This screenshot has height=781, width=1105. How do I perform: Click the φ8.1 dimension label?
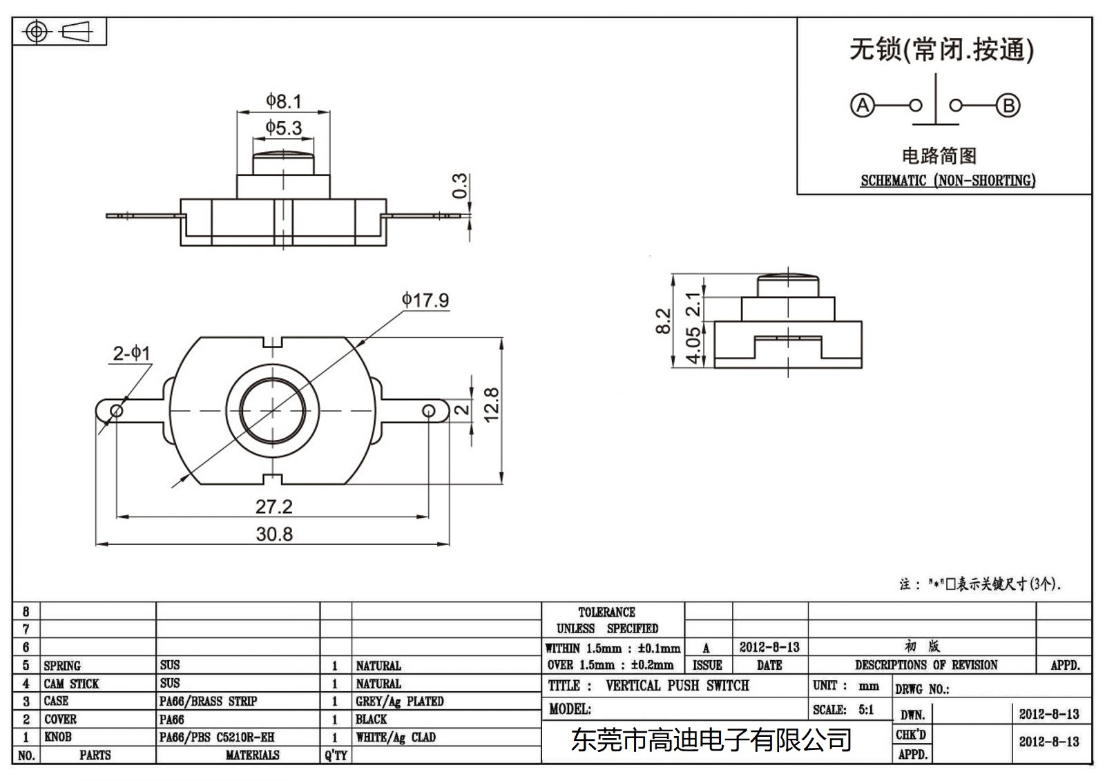click(x=284, y=102)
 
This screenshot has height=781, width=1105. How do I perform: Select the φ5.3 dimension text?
click(x=284, y=128)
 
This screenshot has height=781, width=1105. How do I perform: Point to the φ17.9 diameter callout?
click(x=425, y=300)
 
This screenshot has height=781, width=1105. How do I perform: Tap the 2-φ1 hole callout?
click(x=131, y=354)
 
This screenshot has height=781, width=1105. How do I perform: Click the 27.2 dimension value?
click(x=274, y=507)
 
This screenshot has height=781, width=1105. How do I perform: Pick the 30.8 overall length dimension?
click(x=274, y=534)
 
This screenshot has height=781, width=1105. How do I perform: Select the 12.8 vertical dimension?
click(x=491, y=405)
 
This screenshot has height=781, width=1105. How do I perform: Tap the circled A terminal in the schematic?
click(x=862, y=106)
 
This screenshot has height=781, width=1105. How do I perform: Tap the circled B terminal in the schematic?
click(x=1008, y=106)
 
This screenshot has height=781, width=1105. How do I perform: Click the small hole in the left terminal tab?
click(x=117, y=412)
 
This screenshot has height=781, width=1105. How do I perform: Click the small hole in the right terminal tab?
click(x=429, y=412)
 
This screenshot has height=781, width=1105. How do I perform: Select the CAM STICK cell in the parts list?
click(x=71, y=684)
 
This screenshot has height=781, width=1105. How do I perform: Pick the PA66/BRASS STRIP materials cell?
click(x=208, y=701)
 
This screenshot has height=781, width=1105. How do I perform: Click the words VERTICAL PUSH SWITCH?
click(x=677, y=686)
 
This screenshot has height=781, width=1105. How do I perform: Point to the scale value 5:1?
click(x=865, y=710)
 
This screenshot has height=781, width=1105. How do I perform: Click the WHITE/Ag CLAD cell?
click(x=396, y=737)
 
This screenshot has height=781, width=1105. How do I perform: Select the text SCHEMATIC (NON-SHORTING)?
click(x=948, y=181)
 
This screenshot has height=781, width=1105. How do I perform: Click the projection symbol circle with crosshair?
click(x=37, y=32)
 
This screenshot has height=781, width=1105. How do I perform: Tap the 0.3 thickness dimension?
click(x=460, y=186)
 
